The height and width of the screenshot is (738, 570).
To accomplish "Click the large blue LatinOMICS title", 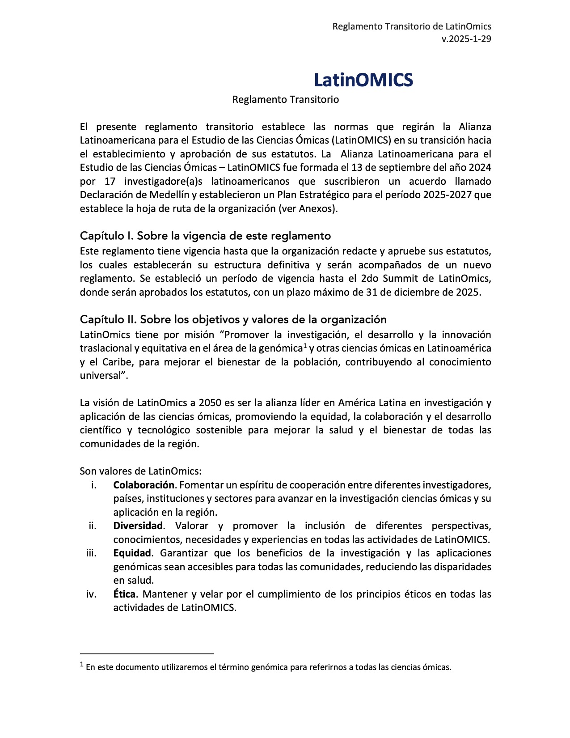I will (x=363, y=80).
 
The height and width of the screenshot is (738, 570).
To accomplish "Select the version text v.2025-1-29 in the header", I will (x=466, y=39).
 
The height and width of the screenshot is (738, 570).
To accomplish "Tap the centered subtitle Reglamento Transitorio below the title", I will (x=285, y=99).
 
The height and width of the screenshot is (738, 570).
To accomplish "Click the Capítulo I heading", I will (x=205, y=236).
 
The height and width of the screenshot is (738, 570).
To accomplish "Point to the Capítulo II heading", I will (x=233, y=319).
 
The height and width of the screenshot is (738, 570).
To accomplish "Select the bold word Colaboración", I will (x=144, y=485).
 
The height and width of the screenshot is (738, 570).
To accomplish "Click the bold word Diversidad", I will (x=138, y=526).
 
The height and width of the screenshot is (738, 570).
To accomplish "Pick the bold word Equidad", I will (x=132, y=553).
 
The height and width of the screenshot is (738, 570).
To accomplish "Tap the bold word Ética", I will (x=124, y=594).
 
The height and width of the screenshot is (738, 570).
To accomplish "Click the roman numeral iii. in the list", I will (x=91, y=553).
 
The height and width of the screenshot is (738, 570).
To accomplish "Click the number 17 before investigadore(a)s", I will (x=110, y=181).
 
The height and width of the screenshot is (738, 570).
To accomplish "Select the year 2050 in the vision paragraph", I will (x=209, y=403).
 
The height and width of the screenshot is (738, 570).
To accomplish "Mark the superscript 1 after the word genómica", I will (x=305, y=345).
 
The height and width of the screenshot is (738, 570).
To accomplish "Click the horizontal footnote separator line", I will (x=147, y=653).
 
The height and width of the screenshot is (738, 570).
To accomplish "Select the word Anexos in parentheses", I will (x=315, y=208).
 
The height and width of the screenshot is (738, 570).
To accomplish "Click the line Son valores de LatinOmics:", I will (x=140, y=471).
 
